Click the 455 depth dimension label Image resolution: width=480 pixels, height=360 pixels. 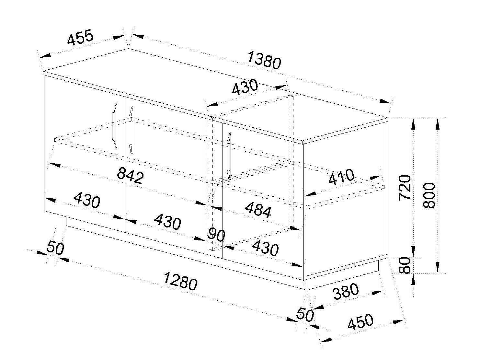point(80,38)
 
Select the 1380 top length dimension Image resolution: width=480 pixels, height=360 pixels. point(264,60)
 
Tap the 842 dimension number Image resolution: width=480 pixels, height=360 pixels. point(130,176)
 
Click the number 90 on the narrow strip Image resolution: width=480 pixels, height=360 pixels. point(216,235)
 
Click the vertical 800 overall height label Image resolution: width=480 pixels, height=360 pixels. point(430,195)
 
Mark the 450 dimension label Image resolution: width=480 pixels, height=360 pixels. point(360,322)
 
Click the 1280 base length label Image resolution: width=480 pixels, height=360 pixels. point(180,281)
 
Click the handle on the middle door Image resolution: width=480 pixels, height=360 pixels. point(130,130)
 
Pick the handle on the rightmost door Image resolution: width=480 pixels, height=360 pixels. point(229,156)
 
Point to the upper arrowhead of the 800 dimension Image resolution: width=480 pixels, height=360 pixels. point(437,123)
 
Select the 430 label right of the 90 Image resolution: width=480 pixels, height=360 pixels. point(265,249)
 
